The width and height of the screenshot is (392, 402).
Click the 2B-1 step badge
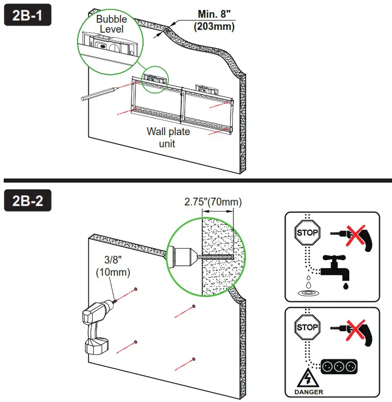28,16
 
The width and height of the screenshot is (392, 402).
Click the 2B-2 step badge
28,200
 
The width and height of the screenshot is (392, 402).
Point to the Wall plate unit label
168,137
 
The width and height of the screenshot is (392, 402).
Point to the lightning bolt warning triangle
306,379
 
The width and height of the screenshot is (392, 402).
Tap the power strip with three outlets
338,366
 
